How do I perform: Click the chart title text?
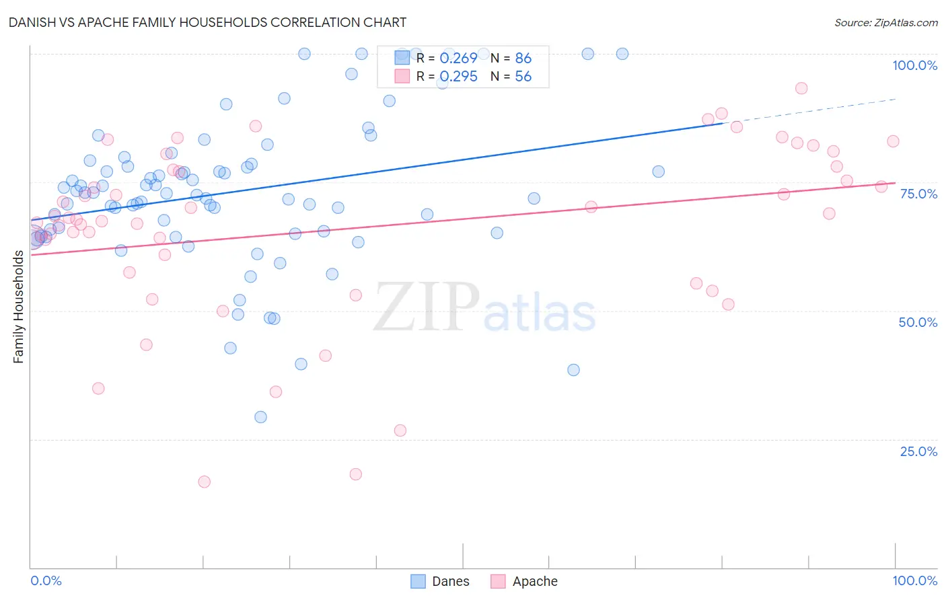pyautogui.click(x=207, y=22)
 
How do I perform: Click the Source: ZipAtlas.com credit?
pyautogui.click(x=885, y=22)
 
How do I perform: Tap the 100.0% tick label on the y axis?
pyautogui.click(x=914, y=65)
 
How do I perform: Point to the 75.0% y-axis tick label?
pyautogui.click(x=918, y=194)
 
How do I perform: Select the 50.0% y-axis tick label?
pyautogui.click(x=918, y=322)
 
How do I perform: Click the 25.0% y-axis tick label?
pyautogui.click(x=918, y=451)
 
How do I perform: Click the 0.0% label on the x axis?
pyautogui.click(x=46, y=580)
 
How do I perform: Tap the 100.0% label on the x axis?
pyautogui.click(x=914, y=580)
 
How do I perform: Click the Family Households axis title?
pyautogui.click(x=18, y=307)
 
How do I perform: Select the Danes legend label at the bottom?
pyautogui.click(x=450, y=581)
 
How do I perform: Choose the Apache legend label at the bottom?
pyautogui.click(x=535, y=581)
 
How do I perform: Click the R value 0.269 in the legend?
pyautogui.click(x=458, y=59)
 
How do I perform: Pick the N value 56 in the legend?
pyautogui.click(x=523, y=77)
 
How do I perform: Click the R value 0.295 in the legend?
pyautogui.click(x=458, y=77)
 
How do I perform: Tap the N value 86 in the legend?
pyautogui.click(x=523, y=59)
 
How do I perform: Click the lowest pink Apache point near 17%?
pyautogui.click(x=205, y=482)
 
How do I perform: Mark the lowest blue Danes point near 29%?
pyautogui.click(x=260, y=417)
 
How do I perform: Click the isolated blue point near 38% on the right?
pyautogui.click(x=573, y=370)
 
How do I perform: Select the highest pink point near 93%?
pyautogui.click(x=801, y=88)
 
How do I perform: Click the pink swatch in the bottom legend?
pyautogui.click(x=498, y=581)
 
